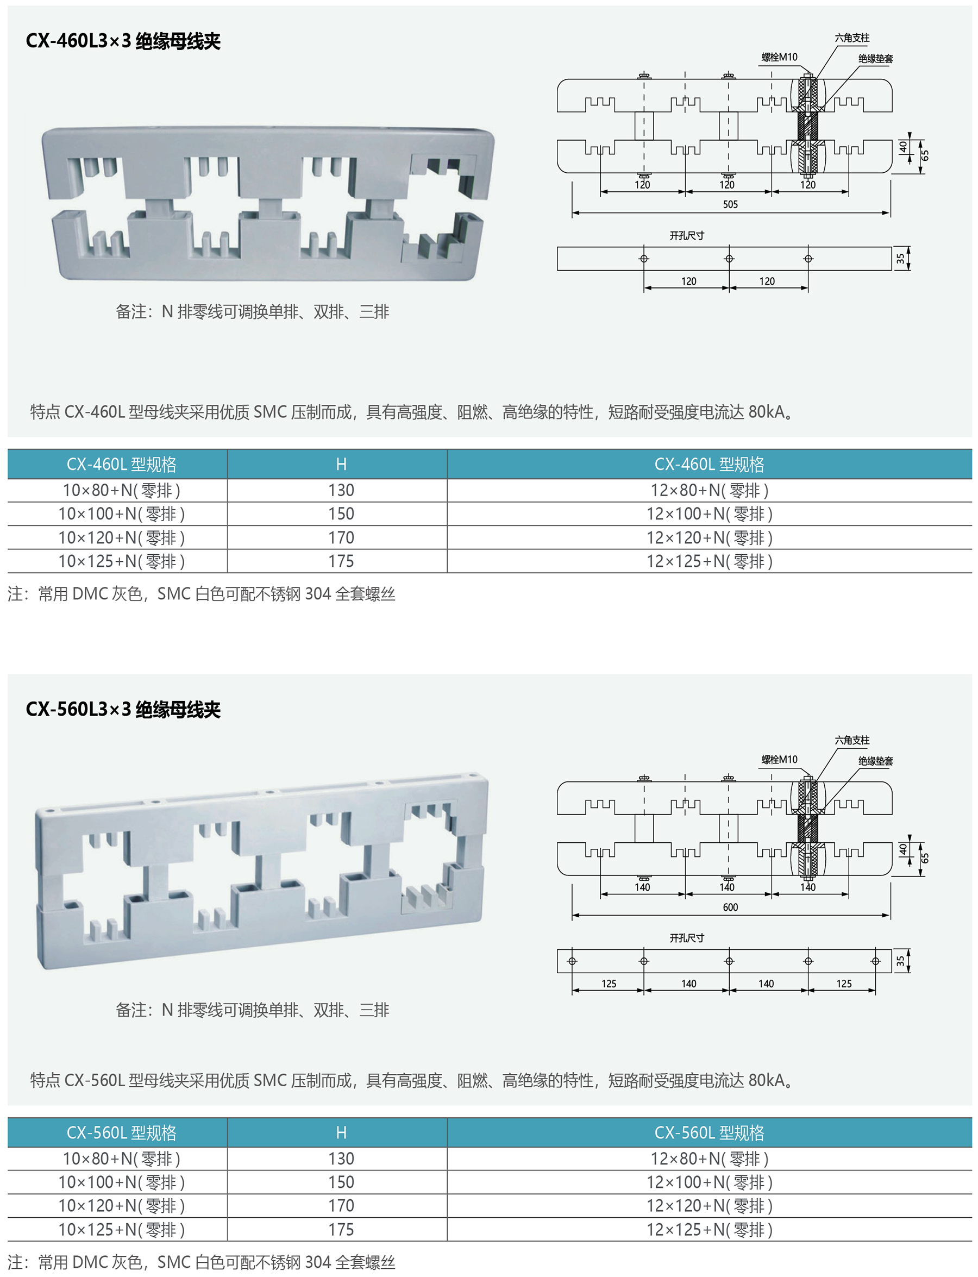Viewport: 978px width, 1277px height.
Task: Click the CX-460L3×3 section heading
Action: point(123,41)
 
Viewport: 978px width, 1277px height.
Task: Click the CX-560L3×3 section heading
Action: point(123,709)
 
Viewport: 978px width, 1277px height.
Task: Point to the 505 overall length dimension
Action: point(730,204)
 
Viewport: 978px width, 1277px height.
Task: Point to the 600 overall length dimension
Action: point(730,907)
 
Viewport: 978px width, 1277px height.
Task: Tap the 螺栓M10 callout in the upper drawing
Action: point(779,57)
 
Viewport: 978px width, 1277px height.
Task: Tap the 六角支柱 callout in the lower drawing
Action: point(852,740)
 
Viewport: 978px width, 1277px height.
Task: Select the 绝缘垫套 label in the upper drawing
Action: point(875,58)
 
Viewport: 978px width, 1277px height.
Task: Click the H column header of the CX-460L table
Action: point(341,464)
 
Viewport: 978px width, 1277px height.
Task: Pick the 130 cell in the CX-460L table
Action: point(341,490)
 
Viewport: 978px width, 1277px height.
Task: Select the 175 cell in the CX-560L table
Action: point(341,1229)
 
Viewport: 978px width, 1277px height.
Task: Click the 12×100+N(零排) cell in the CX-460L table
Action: point(709,514)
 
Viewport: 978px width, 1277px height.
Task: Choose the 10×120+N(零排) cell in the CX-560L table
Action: point(121,1205)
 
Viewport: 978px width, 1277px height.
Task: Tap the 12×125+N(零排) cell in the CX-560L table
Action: point(709,1229)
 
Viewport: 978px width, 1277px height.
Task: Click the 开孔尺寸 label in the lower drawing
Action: point(686,938)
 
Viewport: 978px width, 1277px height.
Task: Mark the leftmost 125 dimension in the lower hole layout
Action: point(609,984)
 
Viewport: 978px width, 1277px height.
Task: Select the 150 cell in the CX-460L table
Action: point(341,514)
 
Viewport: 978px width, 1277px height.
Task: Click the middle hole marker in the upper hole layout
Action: point(729,259)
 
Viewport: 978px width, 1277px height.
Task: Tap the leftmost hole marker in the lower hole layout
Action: point(572,961)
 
